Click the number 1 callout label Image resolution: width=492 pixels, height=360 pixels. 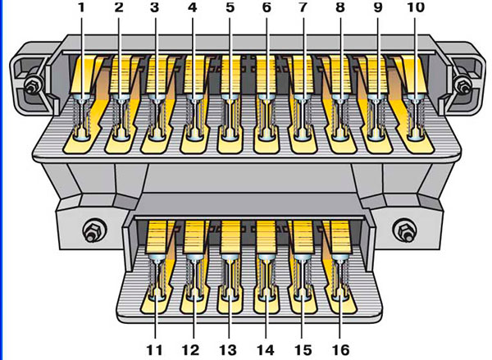[x=81, y=7]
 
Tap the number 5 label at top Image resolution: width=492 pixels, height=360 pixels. [x=230, y=7]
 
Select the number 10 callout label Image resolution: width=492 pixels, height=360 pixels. [x=416, y=7]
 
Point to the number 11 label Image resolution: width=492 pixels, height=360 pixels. [x=155, y=349]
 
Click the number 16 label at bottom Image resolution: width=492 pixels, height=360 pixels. [x=340, y=349]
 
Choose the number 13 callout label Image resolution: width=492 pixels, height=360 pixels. [x=228, y=349]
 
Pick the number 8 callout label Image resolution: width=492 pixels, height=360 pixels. [x=340, y=7]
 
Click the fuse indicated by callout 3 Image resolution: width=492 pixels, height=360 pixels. [x=157, y=117]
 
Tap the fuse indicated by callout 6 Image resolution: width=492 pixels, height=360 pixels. [x=266, y=117]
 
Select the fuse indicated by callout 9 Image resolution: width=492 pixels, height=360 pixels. [x=376, y=117]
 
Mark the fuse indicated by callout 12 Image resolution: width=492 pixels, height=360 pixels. [x=194, y=277]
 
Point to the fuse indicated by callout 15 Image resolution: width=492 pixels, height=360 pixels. [x=302, y=277]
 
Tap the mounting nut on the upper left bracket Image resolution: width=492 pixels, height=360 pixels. [x=32, y=84]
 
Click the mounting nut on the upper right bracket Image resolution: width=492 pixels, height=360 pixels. [x=462, y=84]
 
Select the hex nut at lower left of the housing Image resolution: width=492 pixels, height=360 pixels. [x=91, y=232]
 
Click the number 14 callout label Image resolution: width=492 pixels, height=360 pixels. [x=266, y=349]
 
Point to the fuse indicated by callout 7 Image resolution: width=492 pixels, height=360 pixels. [x=303, y=117]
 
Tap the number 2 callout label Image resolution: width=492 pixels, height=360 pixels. [x=119, y=7]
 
